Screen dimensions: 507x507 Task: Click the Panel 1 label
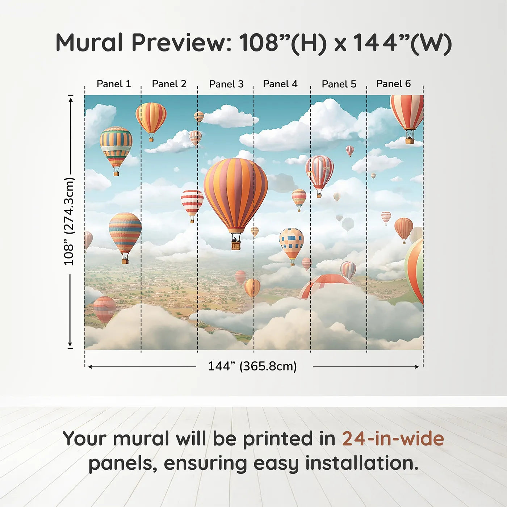coord(113,84)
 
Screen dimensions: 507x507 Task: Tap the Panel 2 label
coord(169,84)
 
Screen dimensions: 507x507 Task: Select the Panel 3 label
coord(226,84)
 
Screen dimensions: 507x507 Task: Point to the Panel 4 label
coord(280,84)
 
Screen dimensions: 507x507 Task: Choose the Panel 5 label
coord(339,84)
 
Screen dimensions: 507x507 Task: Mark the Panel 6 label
coord(393,84)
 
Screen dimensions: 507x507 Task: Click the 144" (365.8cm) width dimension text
coord(252,366)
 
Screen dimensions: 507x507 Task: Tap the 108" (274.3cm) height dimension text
coord(69,221)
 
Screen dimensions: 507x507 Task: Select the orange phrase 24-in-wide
coord(393,439)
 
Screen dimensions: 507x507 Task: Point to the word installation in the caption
coord(361,463)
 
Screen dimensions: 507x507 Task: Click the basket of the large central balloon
coord(236,246)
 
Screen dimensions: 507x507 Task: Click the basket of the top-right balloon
coord(410,141)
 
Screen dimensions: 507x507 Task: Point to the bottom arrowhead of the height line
coord(70,345)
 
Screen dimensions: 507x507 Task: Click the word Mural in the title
coord(89,43)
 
